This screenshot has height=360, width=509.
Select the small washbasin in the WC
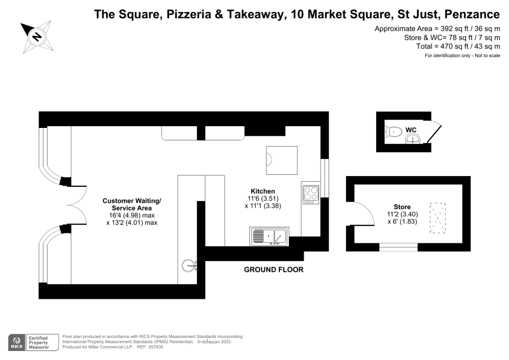coord(413,140)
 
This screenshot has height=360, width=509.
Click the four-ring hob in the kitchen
coord(310,195)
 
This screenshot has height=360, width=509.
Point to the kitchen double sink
coord(269,236)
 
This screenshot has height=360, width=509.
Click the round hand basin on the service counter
coord(188,266)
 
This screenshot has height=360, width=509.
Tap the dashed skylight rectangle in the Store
coord(438,218)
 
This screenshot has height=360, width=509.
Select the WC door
coord(434,133)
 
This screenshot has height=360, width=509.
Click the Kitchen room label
coord(262,191)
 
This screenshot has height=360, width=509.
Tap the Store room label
coord(402,207)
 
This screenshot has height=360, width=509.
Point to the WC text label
coord(411,130)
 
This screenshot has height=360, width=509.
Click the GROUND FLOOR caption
coord(274,269)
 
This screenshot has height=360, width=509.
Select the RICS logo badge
coord(16,342)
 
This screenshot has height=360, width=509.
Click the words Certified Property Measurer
coord(38,342)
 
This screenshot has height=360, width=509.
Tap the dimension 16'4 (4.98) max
coord(132,216)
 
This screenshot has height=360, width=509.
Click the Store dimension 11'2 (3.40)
coord(402,214)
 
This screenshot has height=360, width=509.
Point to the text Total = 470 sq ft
coord(445,46)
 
